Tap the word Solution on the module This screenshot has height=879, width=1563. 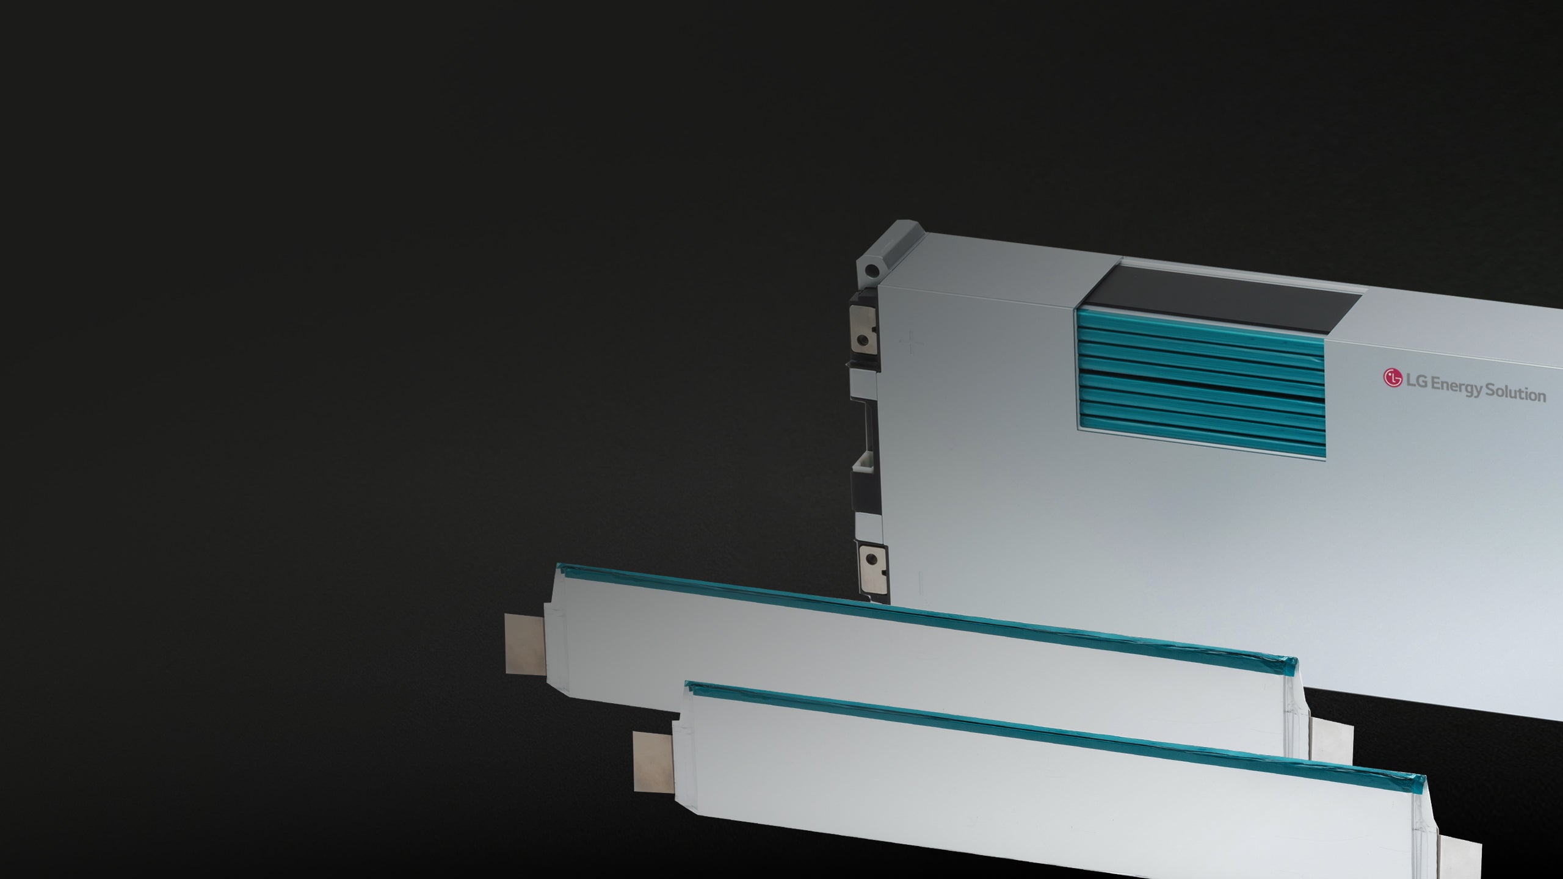tap(1516, 392)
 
